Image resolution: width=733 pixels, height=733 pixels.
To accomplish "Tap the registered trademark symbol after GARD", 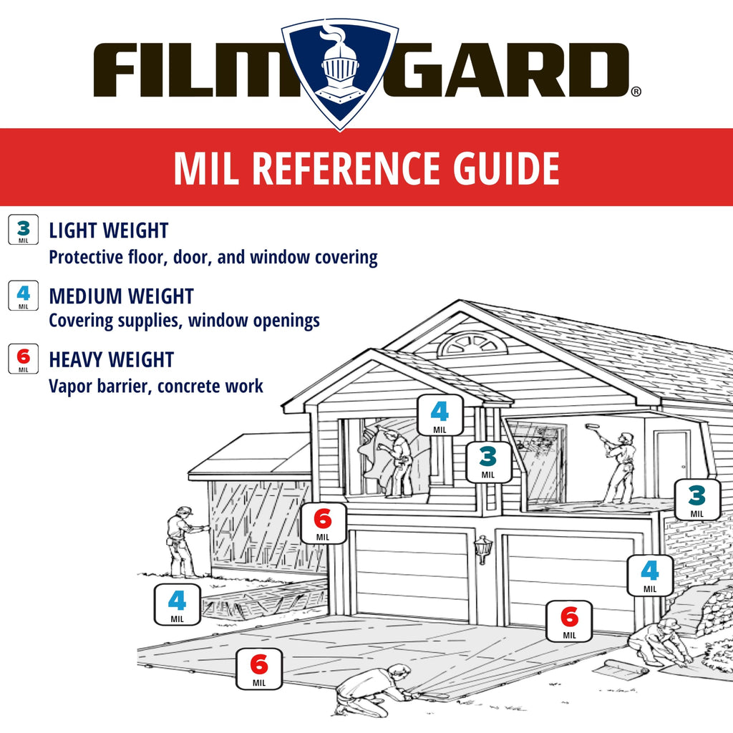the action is [x=636, y=92].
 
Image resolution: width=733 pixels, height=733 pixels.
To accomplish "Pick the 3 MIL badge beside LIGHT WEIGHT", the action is [x=24, y=230].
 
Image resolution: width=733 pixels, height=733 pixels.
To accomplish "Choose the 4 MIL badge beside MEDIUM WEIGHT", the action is [x=24, y=296].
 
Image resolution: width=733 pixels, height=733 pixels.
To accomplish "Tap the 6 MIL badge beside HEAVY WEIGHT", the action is [x=24, y=359].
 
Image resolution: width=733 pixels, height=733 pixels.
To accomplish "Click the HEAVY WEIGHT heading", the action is [x=111, y=360].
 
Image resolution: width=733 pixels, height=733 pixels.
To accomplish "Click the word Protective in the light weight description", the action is [x=86, y=257].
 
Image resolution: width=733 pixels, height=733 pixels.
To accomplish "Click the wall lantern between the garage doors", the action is [x=483, y=549].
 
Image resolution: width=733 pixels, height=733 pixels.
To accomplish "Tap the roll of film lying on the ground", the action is [x=623, y=668].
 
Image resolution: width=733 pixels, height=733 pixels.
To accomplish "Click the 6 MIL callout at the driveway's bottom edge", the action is [x=259, y=669].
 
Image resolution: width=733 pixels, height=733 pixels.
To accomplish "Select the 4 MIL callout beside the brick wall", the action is [x=650, y=575].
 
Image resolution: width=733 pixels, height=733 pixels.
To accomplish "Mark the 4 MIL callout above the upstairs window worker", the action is [x=440, y=415].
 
